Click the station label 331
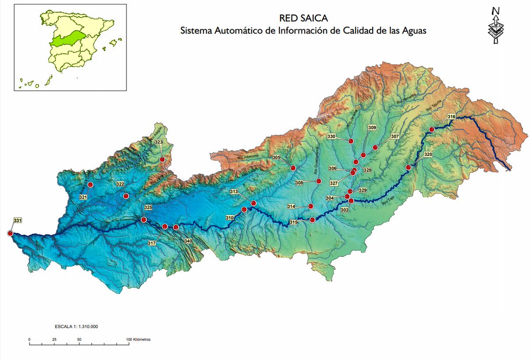(18, 220)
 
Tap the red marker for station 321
(91, 185)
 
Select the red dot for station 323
(162, 159)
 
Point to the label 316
(451, 117)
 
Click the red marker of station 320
(409, 167)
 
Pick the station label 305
(277, 157)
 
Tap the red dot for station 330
(351, 141)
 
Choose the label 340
(188, 241)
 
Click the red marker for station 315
(312, 220)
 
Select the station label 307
(395, 136)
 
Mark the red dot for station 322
(126, 196)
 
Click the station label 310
(229, 218)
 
